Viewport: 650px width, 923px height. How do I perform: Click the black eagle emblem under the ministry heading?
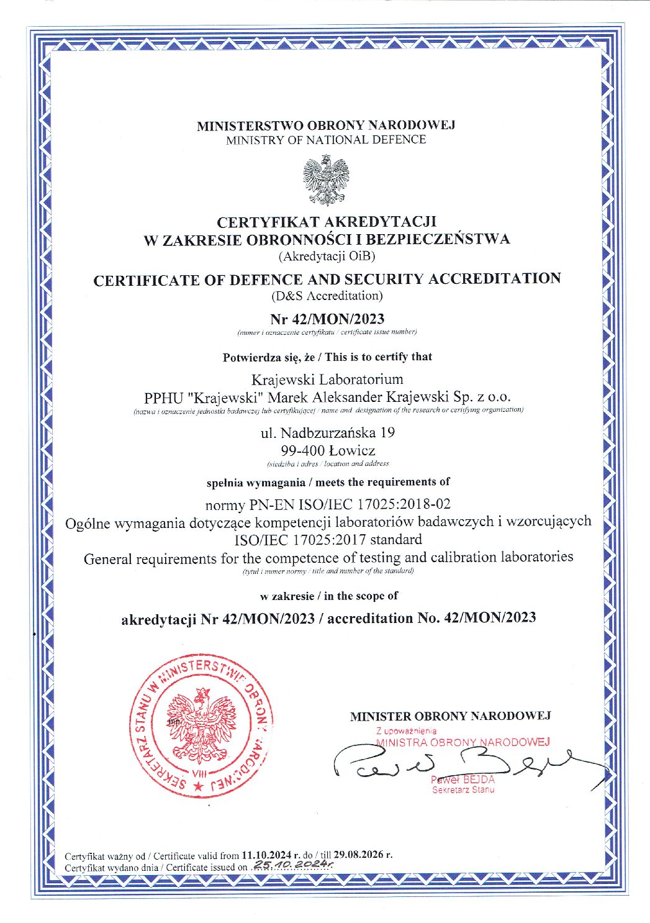click(325, 181)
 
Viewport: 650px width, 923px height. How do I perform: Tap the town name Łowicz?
click(353, 450)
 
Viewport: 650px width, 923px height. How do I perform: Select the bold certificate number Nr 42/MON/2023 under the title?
click(327, 319)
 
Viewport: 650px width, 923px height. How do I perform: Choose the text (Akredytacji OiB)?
click(327, 255)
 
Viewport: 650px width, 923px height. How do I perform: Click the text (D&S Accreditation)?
click(327, 295)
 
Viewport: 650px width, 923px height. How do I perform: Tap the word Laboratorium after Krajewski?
click(361, 379)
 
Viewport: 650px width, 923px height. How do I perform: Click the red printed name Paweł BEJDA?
click(463, 780)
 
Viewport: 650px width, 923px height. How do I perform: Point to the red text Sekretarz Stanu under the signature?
click(463, 790)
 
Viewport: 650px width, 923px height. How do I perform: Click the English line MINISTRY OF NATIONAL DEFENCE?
click(326, 140)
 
